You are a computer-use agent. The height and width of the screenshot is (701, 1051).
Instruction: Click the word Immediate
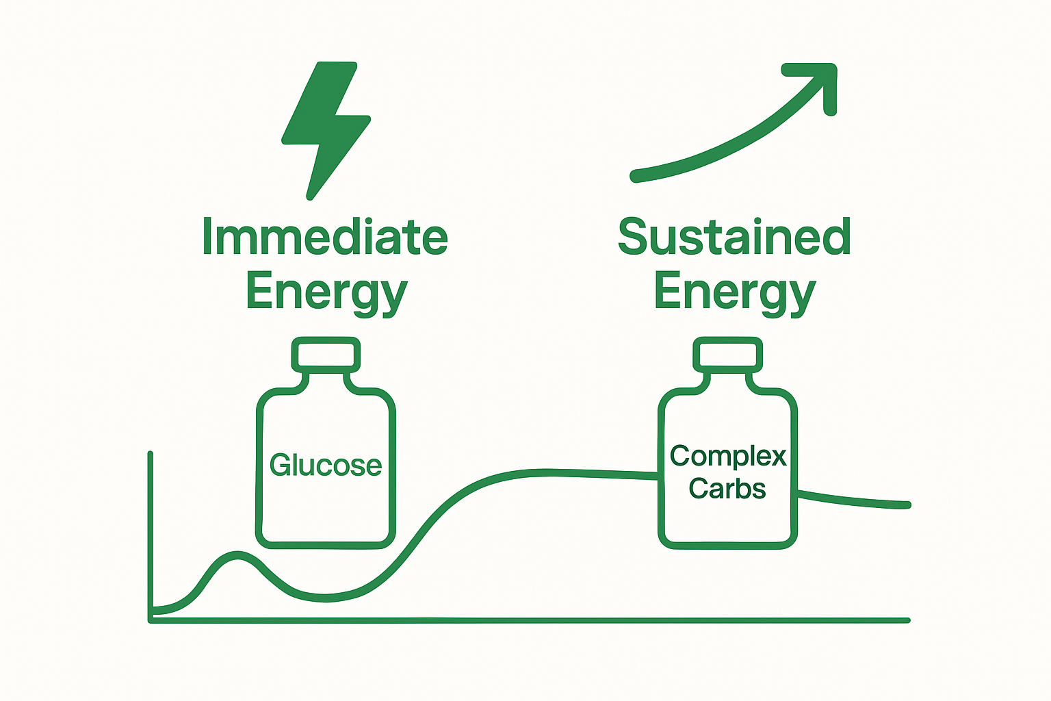[325, 238]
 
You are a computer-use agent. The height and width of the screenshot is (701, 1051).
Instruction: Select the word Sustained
[734, 238]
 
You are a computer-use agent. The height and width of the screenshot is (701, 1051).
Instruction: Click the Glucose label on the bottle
[326, 466]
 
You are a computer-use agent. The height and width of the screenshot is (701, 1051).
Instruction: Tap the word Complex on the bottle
[728, 456]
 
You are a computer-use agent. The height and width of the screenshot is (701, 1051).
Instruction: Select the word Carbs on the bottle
[727, 489]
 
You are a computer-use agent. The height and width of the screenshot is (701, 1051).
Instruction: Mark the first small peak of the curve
[237, 555]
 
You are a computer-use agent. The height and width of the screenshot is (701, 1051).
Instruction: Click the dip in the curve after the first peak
[325, 598]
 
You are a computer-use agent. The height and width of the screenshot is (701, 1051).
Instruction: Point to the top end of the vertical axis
[150, 454]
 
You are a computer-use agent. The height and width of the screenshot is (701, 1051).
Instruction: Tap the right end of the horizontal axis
[907, 620]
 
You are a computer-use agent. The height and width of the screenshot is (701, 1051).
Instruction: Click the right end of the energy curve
[907, 505]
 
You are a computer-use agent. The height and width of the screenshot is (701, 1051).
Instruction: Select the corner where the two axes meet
[151, 620]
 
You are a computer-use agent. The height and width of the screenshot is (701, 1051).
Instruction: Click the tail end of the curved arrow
[634, 177]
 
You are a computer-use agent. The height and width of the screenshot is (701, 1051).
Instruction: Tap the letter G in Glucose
[281, 465]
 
